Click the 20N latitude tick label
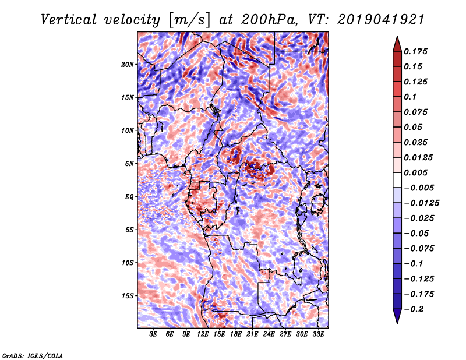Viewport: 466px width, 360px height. pos(128,64)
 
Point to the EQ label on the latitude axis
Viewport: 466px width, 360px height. pos(130,197)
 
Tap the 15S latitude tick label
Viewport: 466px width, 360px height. pos(128,296)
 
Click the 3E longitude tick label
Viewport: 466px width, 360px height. pos(153,334)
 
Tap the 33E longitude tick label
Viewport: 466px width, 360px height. pos(318,334)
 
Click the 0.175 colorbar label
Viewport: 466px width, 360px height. pos(416,51)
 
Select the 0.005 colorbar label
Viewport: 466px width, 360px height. pos(416,172)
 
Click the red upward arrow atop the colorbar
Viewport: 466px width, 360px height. pos(397,43)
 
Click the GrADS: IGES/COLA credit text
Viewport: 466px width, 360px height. pos(33,355)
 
